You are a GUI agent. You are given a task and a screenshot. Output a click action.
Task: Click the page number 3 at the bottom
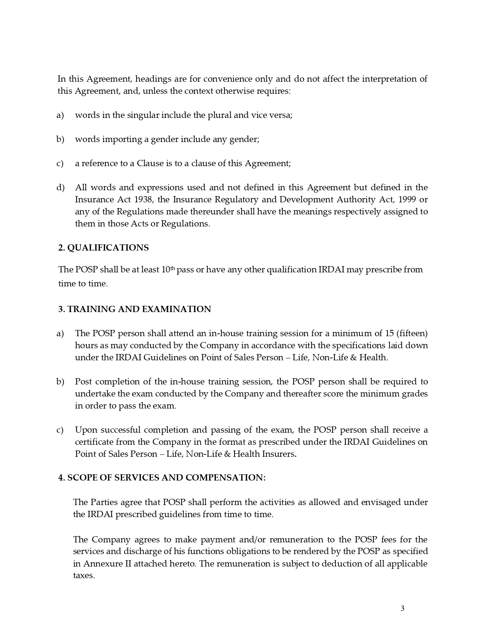tap(403, 609)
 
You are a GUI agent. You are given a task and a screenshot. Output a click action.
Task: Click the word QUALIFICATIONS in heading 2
tap(108, 248)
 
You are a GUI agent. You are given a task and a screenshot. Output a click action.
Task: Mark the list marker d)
tap(60, 188)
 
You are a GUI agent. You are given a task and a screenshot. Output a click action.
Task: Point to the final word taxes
tap(84, 575)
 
